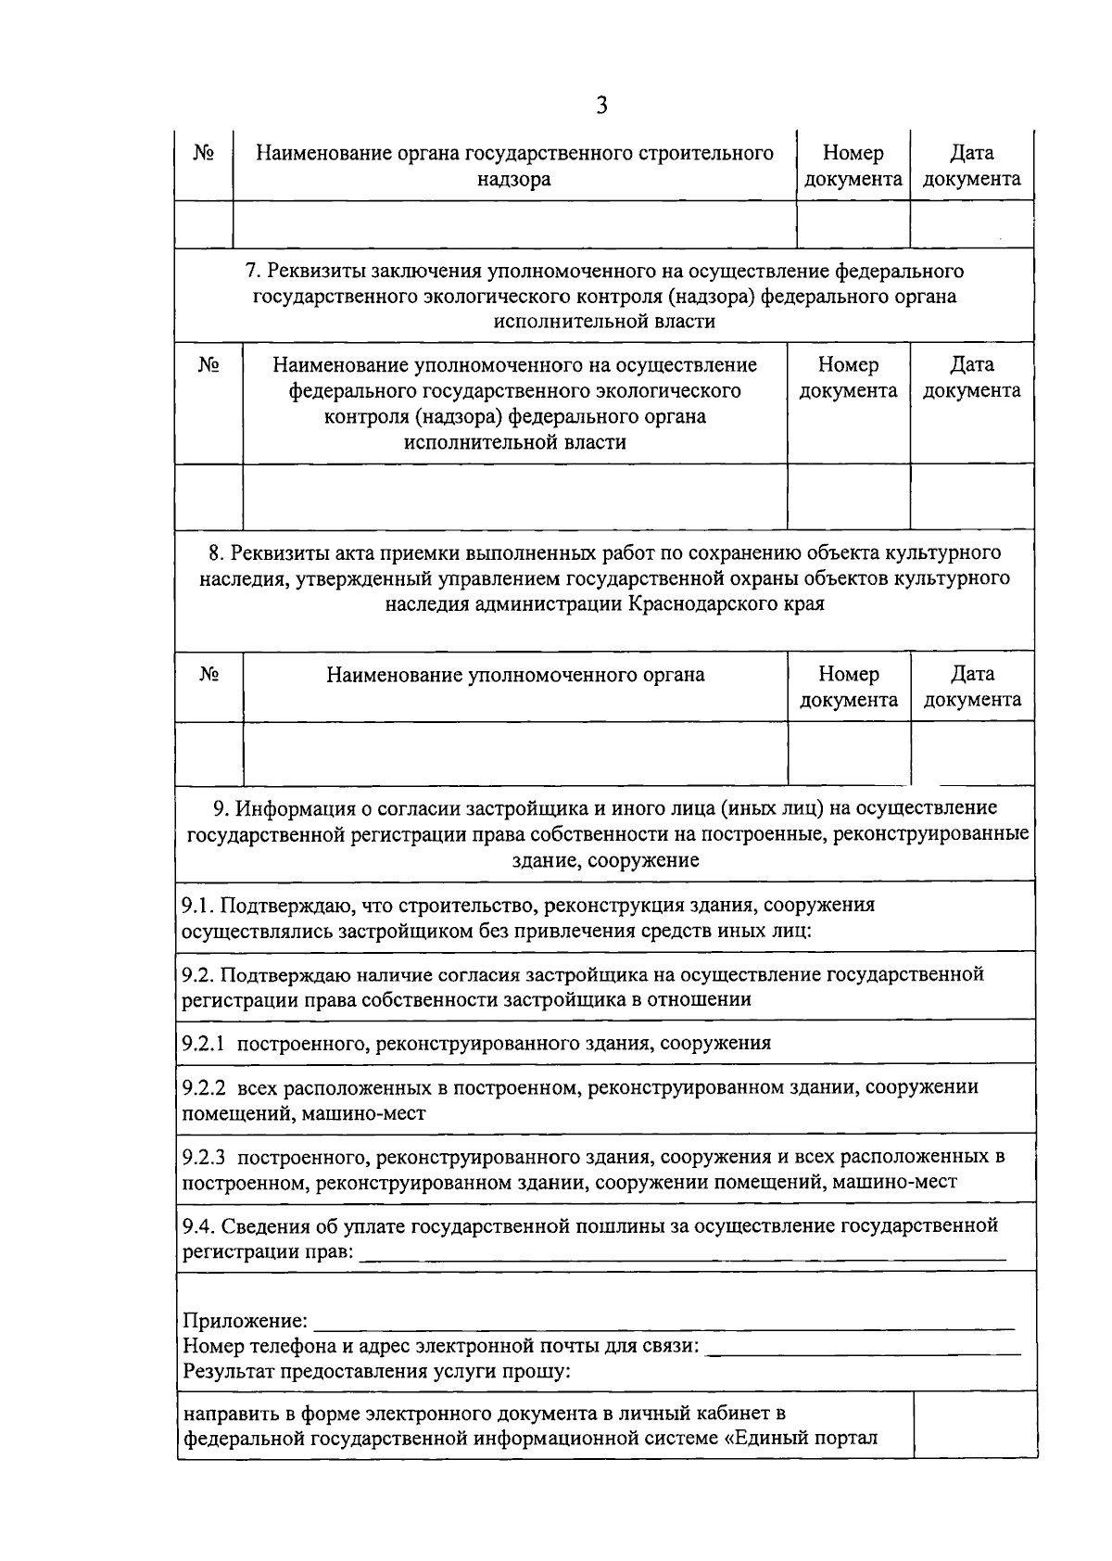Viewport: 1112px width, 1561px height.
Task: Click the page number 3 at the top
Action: click(x=601, y=106)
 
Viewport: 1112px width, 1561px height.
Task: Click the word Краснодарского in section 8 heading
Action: click(x=709, y=604)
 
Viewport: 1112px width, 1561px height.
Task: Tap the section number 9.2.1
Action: click(x=204, y=1043)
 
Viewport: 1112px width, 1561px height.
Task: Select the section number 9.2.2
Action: click(x=204, y=1086)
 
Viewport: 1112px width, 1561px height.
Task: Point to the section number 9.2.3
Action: click(x=204, y=1157)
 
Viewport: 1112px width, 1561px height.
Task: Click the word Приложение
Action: click(x=245, y=1320)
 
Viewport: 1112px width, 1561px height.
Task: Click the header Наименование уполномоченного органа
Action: click(x=515, y=675)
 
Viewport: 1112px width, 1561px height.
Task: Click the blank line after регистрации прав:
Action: click(x=682, y=1253)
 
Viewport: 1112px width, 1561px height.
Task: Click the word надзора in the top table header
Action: click(x=513, y=180)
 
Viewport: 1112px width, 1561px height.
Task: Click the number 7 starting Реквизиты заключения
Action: click(x=249, y=271)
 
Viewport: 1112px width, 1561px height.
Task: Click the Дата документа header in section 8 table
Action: click(x=973, y=687)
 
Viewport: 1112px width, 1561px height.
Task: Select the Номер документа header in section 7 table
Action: click(x=849, y=378)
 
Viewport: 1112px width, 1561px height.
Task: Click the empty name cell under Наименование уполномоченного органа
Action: click(x=515, y=753)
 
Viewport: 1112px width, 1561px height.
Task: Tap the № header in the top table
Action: click(x=204, y=153)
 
